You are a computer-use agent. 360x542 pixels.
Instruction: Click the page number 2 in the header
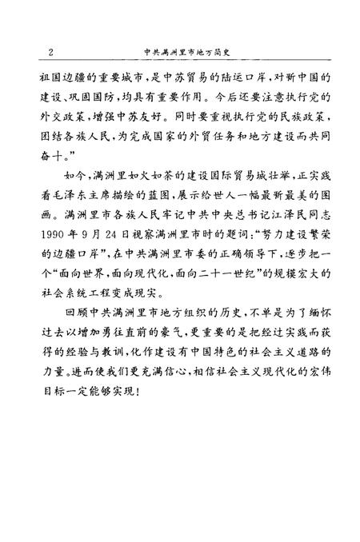pos(51,54)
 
